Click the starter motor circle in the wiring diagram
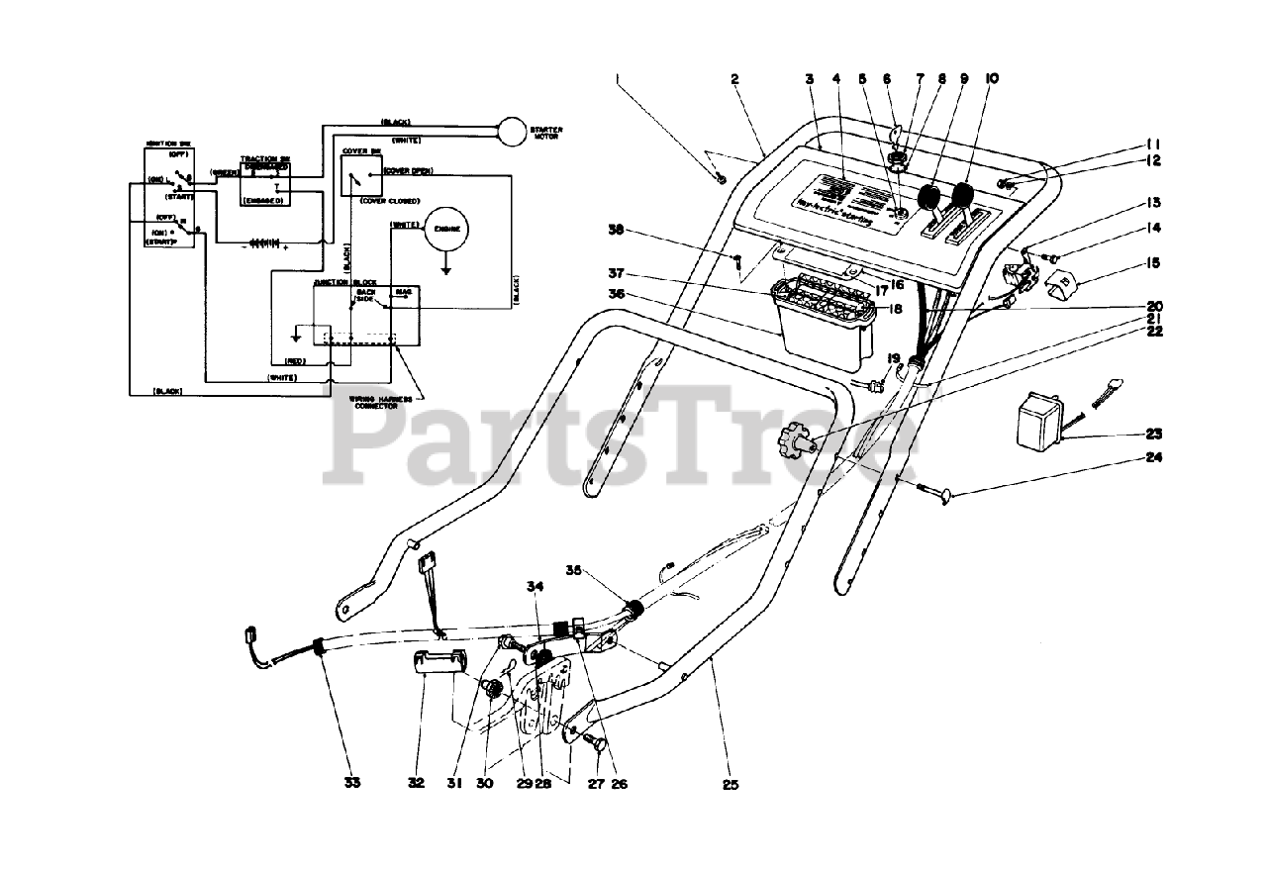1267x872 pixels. coord(514,133)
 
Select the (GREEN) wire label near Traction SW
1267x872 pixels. coord(225,171)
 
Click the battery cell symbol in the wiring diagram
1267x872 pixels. coord(264,242)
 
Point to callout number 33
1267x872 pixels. coord(352,783)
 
